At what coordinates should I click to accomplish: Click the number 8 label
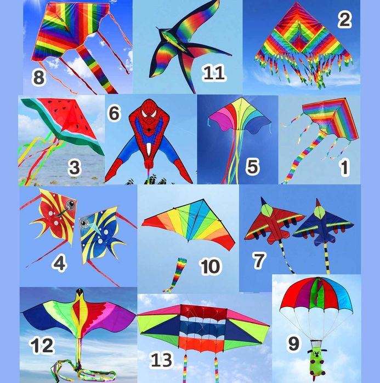[x=39, y=78]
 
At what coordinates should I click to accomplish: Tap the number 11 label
[x=213, y=73]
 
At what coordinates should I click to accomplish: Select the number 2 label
[x=345, y=20]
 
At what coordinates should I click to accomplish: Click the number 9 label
[x=293, y=344]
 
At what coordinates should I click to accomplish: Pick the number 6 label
[x=114, y=113]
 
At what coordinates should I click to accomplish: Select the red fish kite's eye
[x=71, y=204]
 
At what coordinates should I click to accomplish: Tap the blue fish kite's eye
[x=85, y=223]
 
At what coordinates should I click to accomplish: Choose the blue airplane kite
[x=323, y=224]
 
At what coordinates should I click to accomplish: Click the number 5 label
[x=252, y=166]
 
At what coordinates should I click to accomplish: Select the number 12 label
[x=42, y=345]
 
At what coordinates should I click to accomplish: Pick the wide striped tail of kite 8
[x=97, y=69]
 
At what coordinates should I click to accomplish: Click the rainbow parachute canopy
[x=316, y=295]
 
